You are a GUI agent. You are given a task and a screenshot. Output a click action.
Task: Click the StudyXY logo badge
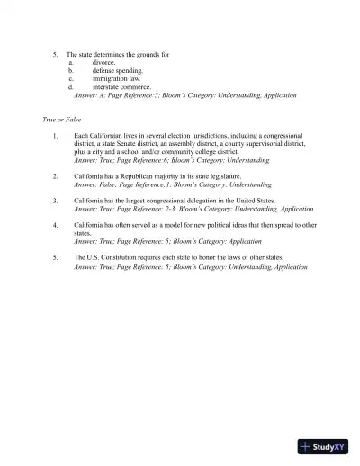322,445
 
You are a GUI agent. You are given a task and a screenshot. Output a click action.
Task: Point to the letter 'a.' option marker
71,63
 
